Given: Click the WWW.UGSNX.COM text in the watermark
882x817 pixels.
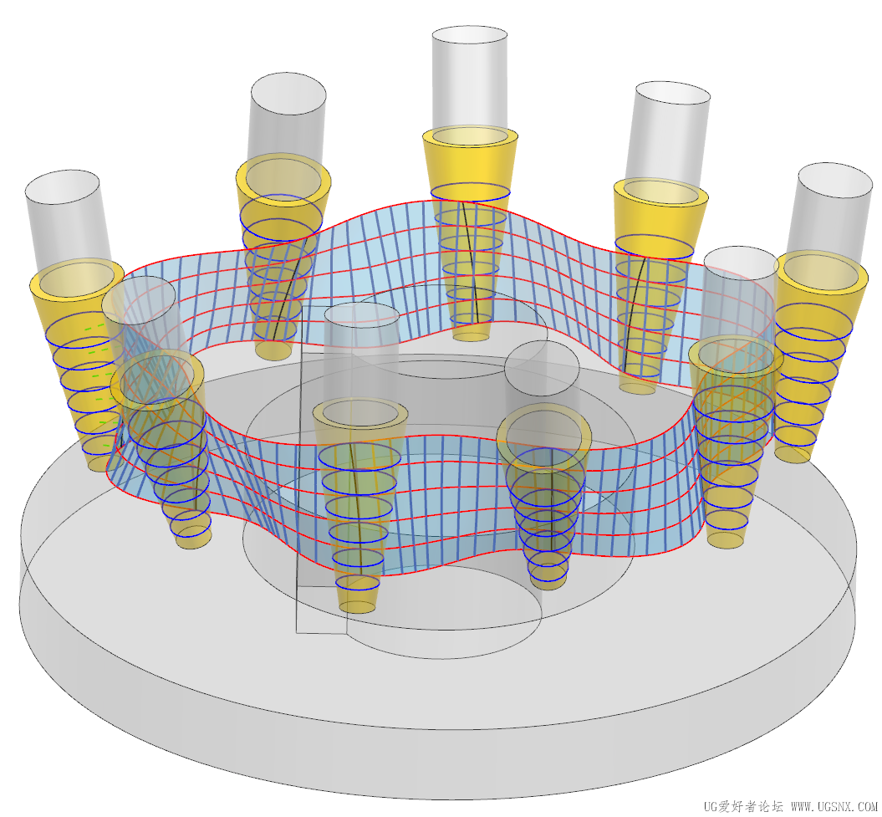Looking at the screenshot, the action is tap(834, 806).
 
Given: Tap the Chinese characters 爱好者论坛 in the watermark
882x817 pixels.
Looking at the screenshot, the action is tap(752, 806).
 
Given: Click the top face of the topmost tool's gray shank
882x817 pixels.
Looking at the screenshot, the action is tap(470, 41).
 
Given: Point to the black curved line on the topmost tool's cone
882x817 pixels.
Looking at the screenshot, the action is tap(472, 262).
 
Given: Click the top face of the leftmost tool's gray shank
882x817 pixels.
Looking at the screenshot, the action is tap(62, 186).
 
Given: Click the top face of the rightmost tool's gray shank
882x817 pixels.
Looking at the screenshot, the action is tap(834, 181).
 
